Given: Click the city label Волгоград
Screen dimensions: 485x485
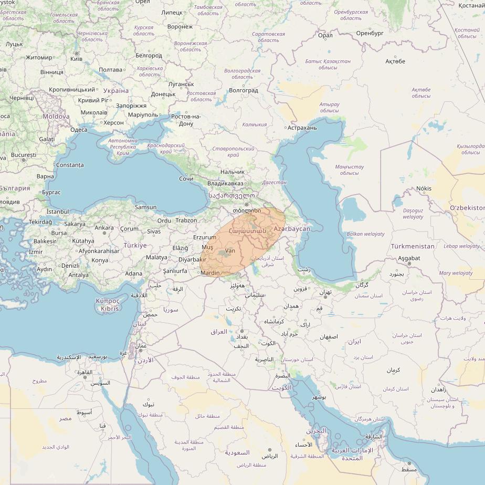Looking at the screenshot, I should coord(244,90).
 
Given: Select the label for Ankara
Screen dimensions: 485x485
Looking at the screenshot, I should coord(104,228).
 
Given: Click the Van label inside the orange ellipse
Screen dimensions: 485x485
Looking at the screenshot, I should coord(230,251).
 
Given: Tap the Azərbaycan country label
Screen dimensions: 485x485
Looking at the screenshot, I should coord(292,229).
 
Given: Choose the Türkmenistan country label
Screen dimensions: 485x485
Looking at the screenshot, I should coord(413,246).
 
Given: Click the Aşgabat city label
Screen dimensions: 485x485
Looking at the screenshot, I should coord(409,258).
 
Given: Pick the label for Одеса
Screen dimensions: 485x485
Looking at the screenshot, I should coord(79,130).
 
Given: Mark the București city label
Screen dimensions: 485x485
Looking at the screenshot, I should coord(23,155).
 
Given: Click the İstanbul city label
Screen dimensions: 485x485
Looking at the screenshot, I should coord(58,212).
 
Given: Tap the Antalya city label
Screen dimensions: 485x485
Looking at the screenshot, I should coord(79,275).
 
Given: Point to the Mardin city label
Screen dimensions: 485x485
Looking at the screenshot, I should coord(210,273).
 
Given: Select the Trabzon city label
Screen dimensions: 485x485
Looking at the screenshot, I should coord(186,220).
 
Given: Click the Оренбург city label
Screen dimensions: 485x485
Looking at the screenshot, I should coord(370,33).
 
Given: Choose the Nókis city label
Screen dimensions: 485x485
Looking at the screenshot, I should coord(424,188).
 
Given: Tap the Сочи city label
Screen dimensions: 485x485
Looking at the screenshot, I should coord(186,179).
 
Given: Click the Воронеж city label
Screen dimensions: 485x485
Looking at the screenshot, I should coord(180,26).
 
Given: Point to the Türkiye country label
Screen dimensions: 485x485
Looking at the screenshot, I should coord(135,245).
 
